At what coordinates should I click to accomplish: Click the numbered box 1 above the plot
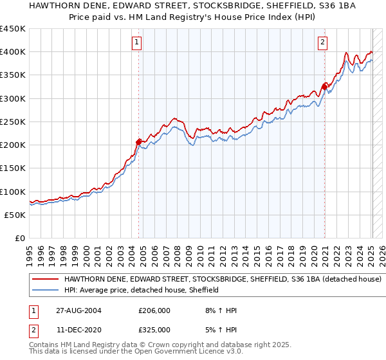click(x=138, y=43)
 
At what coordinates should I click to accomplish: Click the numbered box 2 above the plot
click(x=322, y=43)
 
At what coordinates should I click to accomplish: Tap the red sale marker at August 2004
click(x=138, y=141)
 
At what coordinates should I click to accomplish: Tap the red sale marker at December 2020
click(x=324, y=86)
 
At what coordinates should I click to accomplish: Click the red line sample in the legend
click(x=45, y=280)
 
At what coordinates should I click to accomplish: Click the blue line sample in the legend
click(x=45, y=290)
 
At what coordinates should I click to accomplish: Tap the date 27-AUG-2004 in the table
click(x=78, y=310)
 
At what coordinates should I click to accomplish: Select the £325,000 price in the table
click(x=154, y=329)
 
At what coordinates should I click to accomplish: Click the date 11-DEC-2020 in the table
click(x=78, y=329)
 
